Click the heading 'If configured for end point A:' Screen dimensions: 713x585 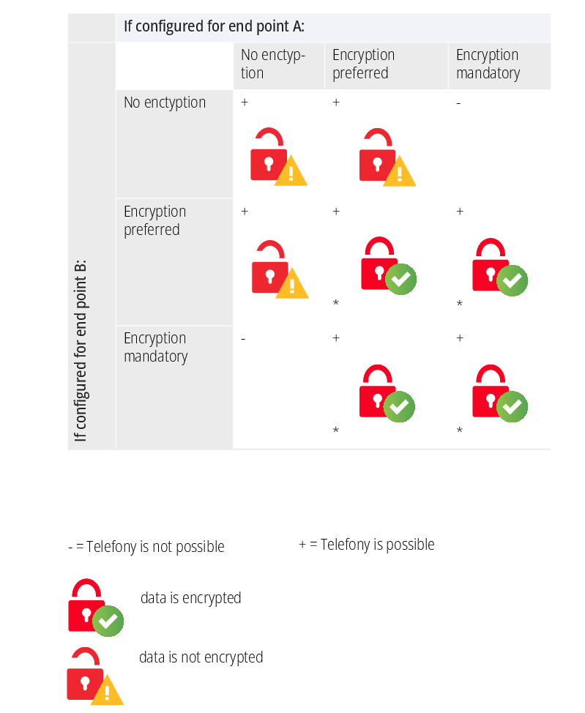coord(214,27)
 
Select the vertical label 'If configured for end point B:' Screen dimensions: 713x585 coord(81,350)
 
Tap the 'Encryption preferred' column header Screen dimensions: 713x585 coord(363,64)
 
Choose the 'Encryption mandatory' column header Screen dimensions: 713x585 coord(488,64)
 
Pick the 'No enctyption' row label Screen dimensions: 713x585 coord(165,102)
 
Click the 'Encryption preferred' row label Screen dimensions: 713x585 coord(154,220)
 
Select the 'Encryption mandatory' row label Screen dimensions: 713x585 coord(155,347)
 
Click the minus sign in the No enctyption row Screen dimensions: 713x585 coord(458,103)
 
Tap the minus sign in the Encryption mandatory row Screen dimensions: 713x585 coord(243,339)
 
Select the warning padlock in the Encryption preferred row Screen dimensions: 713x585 coord(279,269)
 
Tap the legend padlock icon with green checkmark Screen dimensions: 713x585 coord(95,608)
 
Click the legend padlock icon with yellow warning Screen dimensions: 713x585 coord(94,676)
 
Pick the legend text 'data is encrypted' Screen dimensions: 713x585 coord(190,598)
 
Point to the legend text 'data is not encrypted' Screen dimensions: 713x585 coord(201,657)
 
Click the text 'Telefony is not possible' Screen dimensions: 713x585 coord(146,547)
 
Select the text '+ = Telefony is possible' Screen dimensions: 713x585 coord(366,545)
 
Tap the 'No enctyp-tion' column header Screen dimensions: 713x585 coord(272,64)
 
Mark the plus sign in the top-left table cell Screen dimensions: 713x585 coord(245,102)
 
